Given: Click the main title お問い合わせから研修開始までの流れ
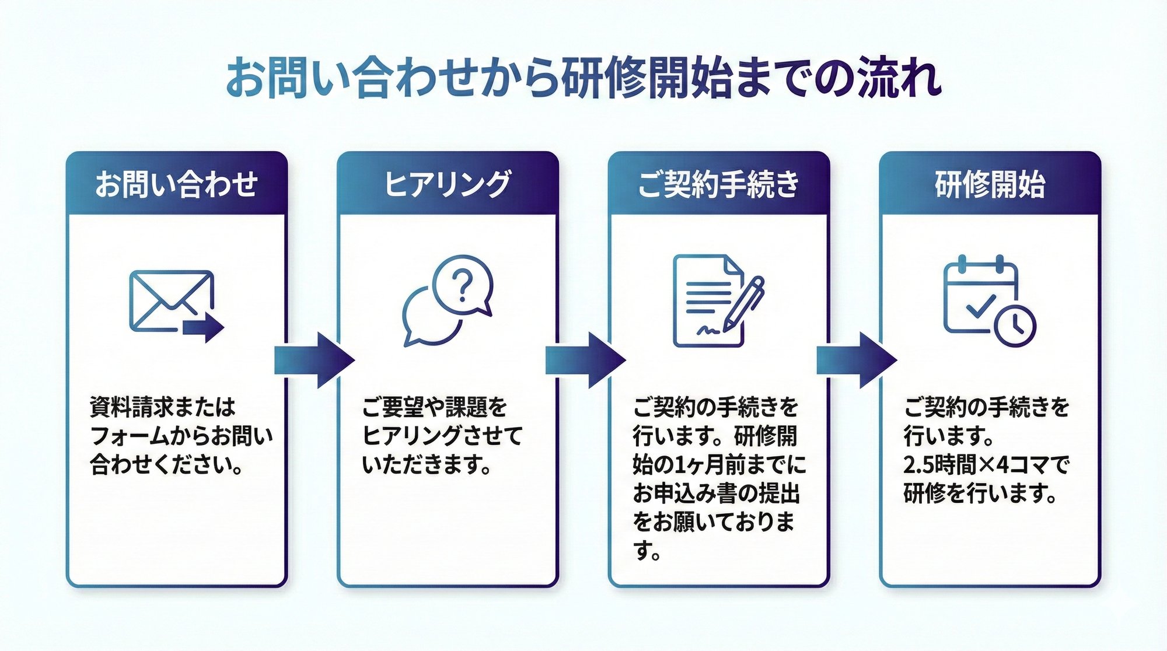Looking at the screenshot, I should pyautogui.click(x=583, y=77).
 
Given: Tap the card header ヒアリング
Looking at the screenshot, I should pyautogui.click(x=448, y=184).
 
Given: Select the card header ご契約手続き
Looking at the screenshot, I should pyautogui.click(x=718, y=184).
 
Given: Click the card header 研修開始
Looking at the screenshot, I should pyautogui.click(x=990, y=184).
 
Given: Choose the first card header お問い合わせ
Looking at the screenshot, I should pyautogui.click(x=176, y=184).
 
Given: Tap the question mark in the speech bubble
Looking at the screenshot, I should pyautogui.click(x=463, y=285).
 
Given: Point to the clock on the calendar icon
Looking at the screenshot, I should pyautogui.click(x=1015, y=324).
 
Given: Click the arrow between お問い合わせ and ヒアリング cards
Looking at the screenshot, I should pyautogui.click(x=314, y=360).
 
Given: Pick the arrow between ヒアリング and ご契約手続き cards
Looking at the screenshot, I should pyautogui.click(x=585, y=360).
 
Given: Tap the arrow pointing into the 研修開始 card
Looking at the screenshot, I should pyautogui.click(x=856, y=360).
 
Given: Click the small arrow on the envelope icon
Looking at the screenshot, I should pyautogui.click(x=204, y=328).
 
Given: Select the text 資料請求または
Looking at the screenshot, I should pyautogui.click(x=162, y=407).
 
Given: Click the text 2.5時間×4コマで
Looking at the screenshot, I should pyautogui.click(x=986, y=466).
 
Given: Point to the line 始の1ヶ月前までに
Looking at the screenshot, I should pyautogui.click(x=719, y=465).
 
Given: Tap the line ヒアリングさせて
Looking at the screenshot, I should pyautogui.click(x=442, y=436).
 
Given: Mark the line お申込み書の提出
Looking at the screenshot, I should pyautogui.click(x=715, y=494).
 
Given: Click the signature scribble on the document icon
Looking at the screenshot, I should pyautogui.click(x=707, y=331).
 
